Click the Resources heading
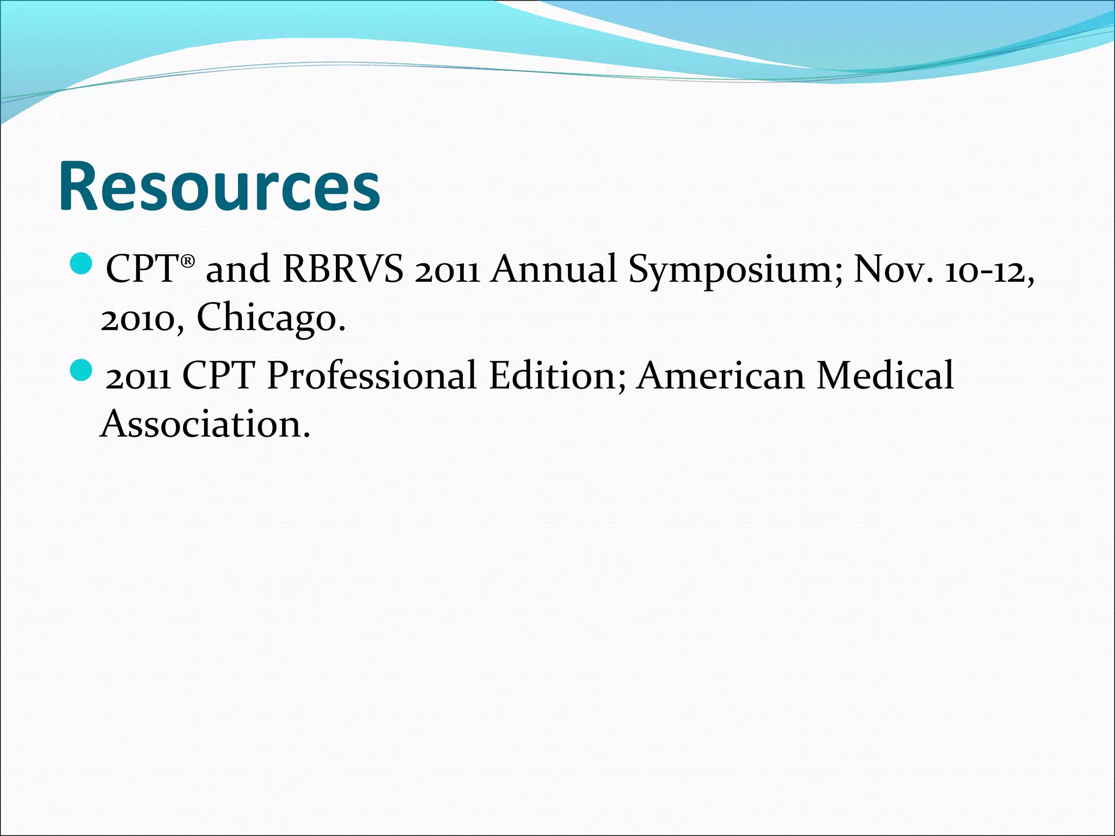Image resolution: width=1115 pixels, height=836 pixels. (219, 186)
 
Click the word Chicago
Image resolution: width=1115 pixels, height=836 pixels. (271, 318)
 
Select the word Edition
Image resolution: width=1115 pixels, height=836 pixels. (557, 375)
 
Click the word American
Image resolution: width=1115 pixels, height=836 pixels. (720, 375)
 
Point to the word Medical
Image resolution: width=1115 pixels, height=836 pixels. (885, 375)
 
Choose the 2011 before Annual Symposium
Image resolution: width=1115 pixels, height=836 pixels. (446, 271)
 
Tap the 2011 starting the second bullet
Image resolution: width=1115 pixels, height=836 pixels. (138, 377)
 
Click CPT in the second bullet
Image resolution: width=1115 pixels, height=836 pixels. (218, 375)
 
